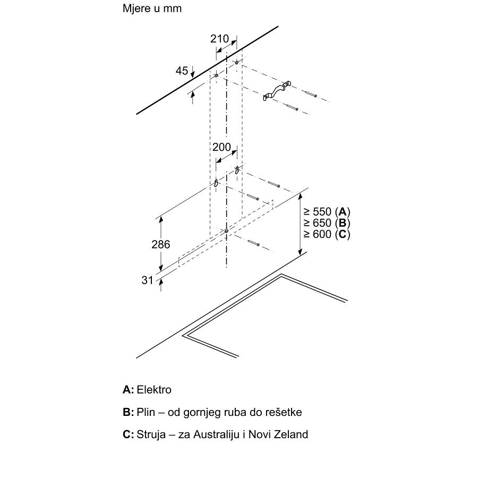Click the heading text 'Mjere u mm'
point(152,10)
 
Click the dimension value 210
point(219,39)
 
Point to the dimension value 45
point(182,71)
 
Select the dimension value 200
point(221,147)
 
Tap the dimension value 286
point(161,244)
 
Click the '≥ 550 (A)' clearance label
point(327,211)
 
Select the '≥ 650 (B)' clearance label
point(327,223)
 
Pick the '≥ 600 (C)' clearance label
point(327,234)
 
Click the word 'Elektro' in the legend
point(154,390)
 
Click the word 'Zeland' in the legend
point(292,434)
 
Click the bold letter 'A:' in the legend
point(128,390)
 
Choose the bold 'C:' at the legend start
point(128,434)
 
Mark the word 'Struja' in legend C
point(152,434)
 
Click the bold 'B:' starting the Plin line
point(128,412)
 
